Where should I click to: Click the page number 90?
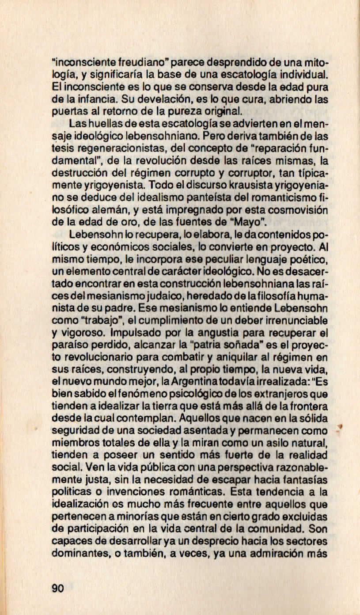pyautogui.click(x=58, y=588)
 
